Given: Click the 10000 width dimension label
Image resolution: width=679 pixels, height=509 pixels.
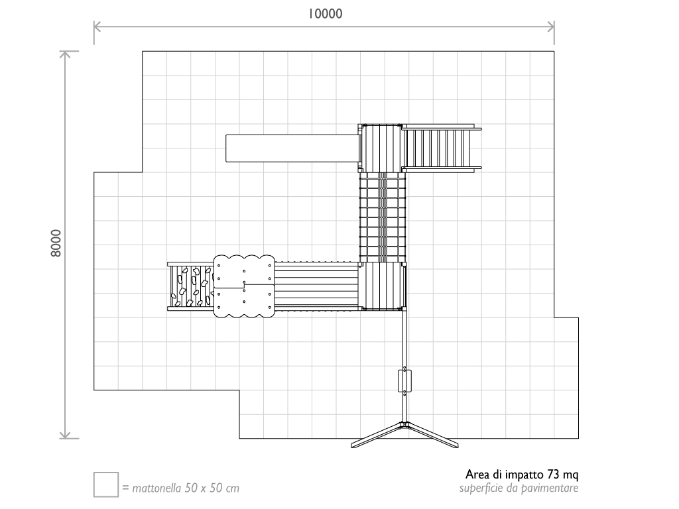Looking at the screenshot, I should pyautogui.click(x=324, y=13).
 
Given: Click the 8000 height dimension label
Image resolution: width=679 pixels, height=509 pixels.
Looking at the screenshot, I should pyautogui.click(x=57, y=243).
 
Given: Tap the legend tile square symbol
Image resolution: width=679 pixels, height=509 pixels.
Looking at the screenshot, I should pyautogui.click(x=105, y=484).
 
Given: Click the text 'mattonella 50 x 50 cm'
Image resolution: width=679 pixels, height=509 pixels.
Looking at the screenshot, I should pyautogui.click(x=186, y=489).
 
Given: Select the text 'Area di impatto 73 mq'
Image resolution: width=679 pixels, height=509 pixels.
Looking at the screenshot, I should pyautogui.click(x=523, y=475).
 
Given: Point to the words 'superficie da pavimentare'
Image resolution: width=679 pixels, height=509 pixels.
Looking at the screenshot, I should pyautogui.click(x=519, y=488).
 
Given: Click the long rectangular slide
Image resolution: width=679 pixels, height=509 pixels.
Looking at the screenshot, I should pyautogui.click(x=292, y=148).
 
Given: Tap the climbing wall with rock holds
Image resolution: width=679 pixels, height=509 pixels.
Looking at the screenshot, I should pyautogui.click(x=190, y=286).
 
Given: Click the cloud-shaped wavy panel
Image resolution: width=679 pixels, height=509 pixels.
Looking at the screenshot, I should pyautogui.click(x=243, y=286).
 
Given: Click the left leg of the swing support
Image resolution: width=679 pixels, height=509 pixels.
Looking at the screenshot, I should pyautogui.click(x=377, y=435).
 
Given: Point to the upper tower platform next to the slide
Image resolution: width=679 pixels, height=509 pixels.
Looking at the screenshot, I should pyautogui.click(x=381, y=147).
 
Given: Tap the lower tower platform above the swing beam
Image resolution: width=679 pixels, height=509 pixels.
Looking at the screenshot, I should pyautogui.click(x=383, y=286).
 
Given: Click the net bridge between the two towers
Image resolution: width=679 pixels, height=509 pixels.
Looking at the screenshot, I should pyautogui.click(x=383, y=217).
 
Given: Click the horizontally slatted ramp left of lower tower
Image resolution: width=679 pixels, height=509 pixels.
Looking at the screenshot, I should pyautogui.click(x=316, y=286).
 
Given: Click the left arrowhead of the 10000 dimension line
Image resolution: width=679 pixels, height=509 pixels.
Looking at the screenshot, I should pyautogui.click(x=95, y=27).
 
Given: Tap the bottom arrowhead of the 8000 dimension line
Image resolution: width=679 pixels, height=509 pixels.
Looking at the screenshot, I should pyautogui.click(x=65, y=435).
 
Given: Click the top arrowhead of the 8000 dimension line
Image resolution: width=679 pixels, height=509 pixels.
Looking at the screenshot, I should pyautogui.click(x=65, y=53).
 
